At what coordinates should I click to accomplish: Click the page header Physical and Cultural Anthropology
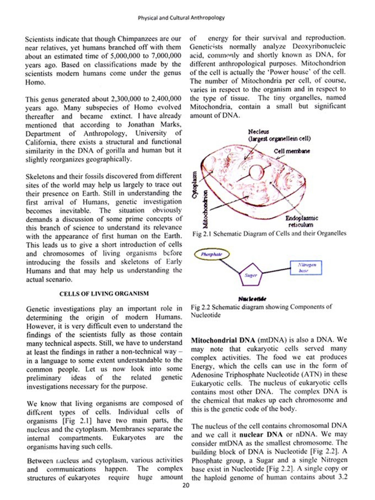point(181,18)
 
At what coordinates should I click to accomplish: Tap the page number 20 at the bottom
point(186,485)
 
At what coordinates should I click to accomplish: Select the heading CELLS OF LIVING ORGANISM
point(104,293)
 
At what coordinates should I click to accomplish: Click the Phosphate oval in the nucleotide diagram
point(212,254)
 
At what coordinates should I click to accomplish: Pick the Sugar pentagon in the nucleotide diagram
point(251,275)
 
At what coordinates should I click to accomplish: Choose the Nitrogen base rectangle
point(306,268)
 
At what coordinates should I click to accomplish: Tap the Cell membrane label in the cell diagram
point(292,151)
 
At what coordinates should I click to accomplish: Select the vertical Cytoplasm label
point(195,184)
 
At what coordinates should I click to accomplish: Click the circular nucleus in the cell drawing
point(256,172)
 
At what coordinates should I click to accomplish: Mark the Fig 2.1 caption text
point(269,234)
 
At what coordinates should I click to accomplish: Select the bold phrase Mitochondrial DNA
point(223,340)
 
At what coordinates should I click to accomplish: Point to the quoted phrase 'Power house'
point(296,72)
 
